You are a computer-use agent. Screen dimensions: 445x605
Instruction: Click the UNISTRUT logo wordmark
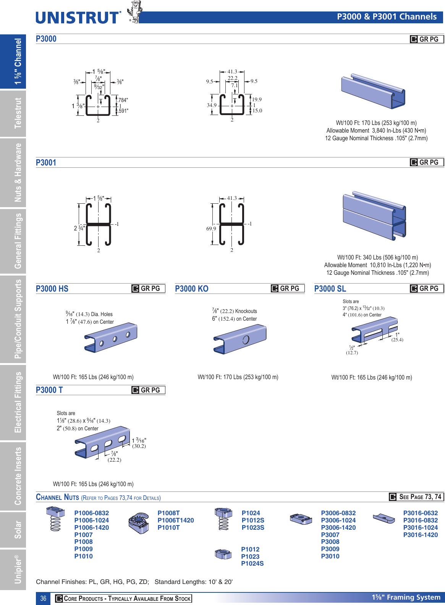78,18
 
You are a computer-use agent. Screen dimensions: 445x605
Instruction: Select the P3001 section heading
46,162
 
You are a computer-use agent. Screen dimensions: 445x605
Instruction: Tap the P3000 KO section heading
192,289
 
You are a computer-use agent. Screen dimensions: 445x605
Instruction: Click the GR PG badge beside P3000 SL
427,289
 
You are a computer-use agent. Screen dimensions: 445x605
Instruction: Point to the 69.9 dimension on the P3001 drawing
211,229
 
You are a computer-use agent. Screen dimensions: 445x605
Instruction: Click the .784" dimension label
123,100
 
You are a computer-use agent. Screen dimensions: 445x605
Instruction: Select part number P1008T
168,513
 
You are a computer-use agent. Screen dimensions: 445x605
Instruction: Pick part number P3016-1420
420,535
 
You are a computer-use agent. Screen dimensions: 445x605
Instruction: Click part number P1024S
252,563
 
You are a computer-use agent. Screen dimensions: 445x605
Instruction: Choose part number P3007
330,535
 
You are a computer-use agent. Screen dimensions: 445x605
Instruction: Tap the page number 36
43,599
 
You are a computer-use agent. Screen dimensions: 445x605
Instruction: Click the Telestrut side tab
18,113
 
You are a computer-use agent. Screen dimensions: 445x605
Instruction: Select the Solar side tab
18,529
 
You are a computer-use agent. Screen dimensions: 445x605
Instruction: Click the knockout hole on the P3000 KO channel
246,339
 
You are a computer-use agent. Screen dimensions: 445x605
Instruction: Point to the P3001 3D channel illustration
374,216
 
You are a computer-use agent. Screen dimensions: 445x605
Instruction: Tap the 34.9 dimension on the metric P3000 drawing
212,105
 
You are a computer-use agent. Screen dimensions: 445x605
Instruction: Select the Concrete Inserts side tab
18,476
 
